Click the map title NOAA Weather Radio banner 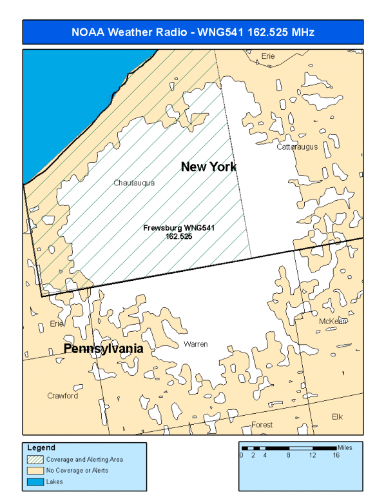(193, 32)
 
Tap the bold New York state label (208, 167)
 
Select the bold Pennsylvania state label (102, 349)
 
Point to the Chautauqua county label (134, 183)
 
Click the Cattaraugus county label (297, 147)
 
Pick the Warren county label (195, 344)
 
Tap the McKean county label (333, 321)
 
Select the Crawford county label (63, 396)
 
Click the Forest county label (262, 425)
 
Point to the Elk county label (337, 416)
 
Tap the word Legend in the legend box (41, 447)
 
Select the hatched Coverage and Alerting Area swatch (35, 460)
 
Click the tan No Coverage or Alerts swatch (35, 470)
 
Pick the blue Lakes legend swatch (35, 481)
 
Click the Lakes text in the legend (54, 481)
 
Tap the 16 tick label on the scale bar (336, 455)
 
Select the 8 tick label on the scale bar (289, 455)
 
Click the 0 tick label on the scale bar (241, 455)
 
